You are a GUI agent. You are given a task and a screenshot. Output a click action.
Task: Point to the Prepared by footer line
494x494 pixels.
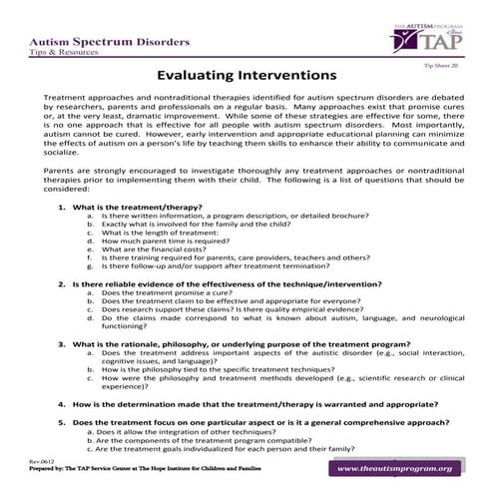[135, 469]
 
